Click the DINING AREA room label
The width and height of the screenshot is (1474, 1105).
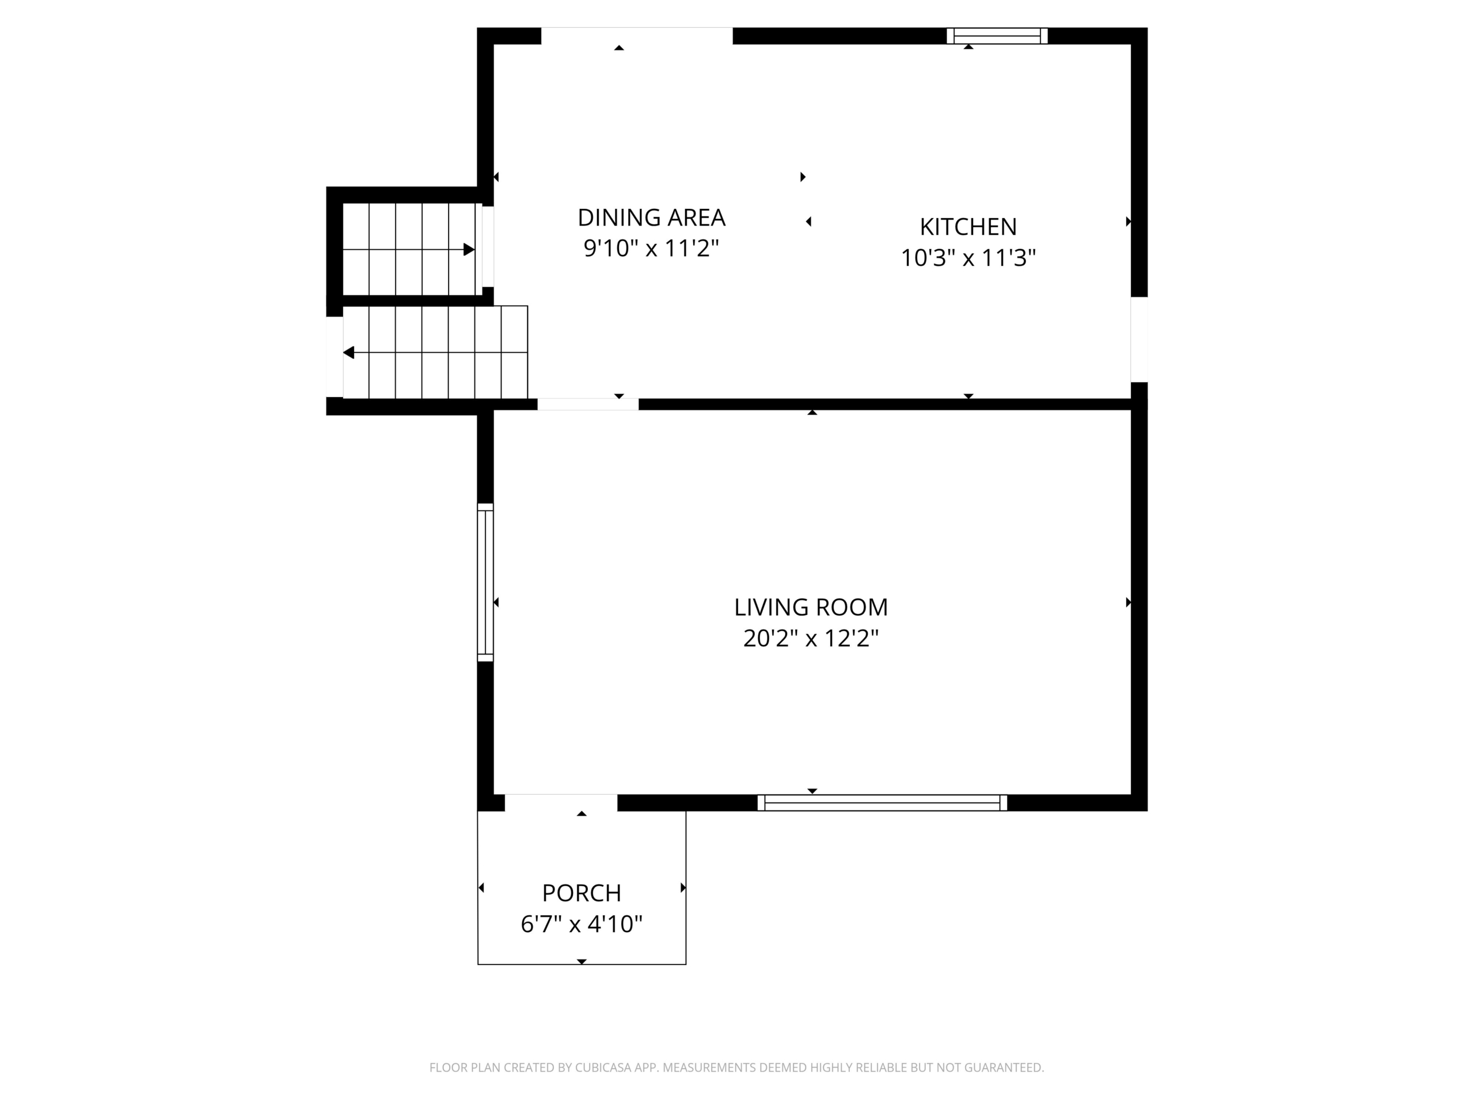[x=651, y=218]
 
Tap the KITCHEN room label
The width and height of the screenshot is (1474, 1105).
[x=968, y=227]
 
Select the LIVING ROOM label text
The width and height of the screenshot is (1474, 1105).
[x=811, y=607]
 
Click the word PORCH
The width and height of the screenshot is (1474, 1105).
[x=582, y=893]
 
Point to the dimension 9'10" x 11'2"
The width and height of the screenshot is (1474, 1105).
[x=651, y=249]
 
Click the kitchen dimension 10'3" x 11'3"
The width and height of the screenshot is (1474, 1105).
[x=968, y=258]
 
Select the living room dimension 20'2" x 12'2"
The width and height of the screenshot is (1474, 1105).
[x=811, y=639]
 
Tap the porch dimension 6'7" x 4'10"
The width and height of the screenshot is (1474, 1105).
[x=582, y=924]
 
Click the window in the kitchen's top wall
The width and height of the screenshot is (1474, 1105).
[x=997, y=36]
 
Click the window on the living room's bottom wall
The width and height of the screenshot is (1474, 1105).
[x=882, y=803]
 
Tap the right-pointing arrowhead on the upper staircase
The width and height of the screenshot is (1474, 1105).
[x=469, y=250]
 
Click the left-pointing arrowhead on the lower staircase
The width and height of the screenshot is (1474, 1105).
[x=348, y=352]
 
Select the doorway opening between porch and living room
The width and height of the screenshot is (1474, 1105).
[x=561, y=803]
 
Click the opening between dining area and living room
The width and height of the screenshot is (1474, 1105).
[x=588, y=404]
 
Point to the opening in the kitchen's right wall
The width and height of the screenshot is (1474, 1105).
[x=1139, y=340]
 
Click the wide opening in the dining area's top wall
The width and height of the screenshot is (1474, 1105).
[x=636, y=36]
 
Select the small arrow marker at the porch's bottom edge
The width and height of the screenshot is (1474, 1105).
[x=582, y=962]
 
